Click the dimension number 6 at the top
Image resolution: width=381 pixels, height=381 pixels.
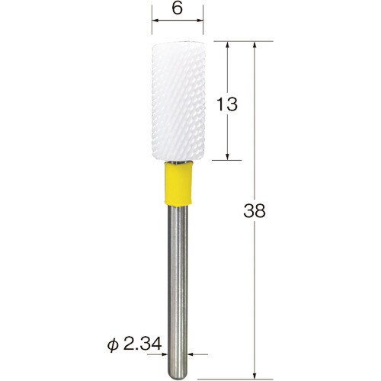pos(177,8)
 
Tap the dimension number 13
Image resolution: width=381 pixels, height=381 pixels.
pos(227,104)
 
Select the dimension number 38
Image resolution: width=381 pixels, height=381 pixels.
pos(255,211)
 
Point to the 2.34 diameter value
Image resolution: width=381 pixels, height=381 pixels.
pos(142,344)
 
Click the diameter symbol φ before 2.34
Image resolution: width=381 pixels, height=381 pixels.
pos(114,345)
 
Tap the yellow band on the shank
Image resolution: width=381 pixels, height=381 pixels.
pos(178,184)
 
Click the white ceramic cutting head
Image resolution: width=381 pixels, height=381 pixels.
pos(178,101)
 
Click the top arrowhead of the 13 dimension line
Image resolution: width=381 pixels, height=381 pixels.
pos(228,46)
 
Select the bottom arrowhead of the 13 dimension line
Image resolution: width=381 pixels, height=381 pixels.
pos(228,155)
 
